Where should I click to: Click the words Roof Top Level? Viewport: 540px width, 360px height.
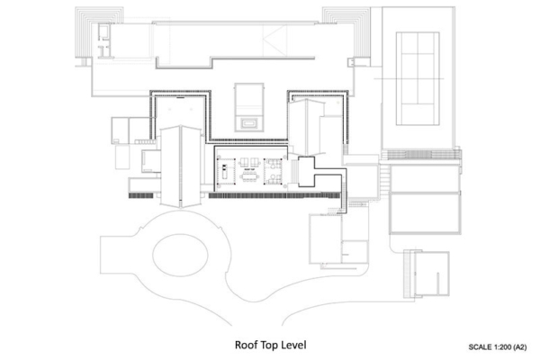point(269,344)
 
